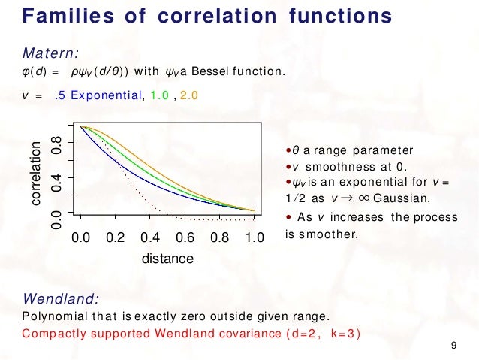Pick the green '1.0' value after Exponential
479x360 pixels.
(160, 95)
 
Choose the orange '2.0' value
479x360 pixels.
(190, 95)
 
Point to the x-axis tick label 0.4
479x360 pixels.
(150, 238)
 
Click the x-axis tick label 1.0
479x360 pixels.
(255, 238)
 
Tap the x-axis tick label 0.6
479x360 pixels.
(185, 238)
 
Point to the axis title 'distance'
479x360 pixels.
(167, 259)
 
